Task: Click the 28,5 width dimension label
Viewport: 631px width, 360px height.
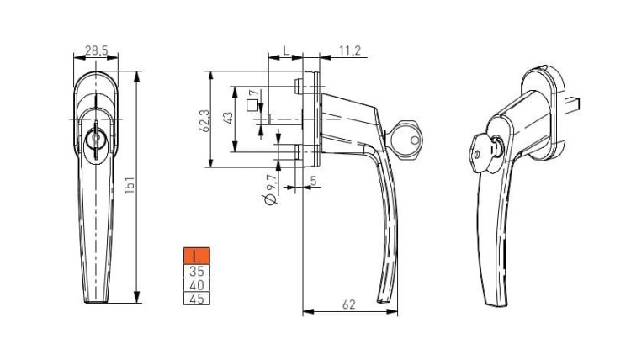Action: pos(97,50)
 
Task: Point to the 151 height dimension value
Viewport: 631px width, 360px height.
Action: pos(130,185)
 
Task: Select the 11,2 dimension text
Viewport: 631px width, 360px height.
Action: pos(350,51)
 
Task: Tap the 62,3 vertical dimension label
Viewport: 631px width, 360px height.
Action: pos(204,121)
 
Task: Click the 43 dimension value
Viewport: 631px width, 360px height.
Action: pos(228,118)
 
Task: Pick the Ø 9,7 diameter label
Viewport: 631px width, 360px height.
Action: pos(272,189)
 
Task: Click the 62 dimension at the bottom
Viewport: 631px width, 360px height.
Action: pos(349,304)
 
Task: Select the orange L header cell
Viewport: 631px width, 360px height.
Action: pos(197,256)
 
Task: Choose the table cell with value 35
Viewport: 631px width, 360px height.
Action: pos(197,271)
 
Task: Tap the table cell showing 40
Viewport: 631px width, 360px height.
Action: pos(197,285)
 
